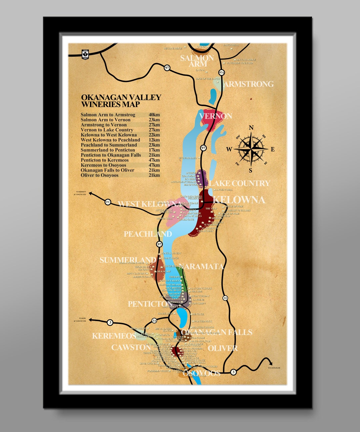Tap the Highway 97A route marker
(x=221, y=72)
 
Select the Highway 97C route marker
(x=108, y=202)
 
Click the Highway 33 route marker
(x=226, y=298)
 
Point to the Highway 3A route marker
(x=154, y=321)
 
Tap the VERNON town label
(x=215, y=116)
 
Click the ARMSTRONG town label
(x=248, y=84)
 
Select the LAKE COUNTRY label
(x=239, y=183)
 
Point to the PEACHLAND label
(x=148, y=234)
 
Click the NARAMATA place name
(x=201, y=266)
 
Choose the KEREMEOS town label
(x=114, y=336)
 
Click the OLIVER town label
(x=222, y=348)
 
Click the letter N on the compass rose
(x=251, y=128)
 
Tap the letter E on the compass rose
(x=272, y=149)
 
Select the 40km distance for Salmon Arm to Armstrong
(x=154, y=115)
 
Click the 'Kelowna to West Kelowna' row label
(x=109, y=135)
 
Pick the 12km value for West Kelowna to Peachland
(x=154, y=140)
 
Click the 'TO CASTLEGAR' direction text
(x=274, y=368)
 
